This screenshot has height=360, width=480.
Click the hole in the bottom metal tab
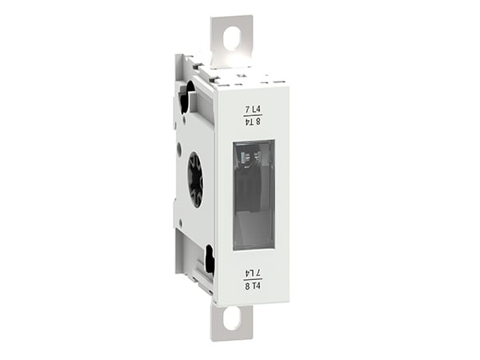231,319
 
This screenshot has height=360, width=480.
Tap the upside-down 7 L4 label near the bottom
254,270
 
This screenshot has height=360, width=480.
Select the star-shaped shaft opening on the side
195,179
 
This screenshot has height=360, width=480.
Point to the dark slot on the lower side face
209,261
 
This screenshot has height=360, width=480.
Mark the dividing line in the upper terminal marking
254,115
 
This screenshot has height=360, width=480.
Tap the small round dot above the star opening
179,146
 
